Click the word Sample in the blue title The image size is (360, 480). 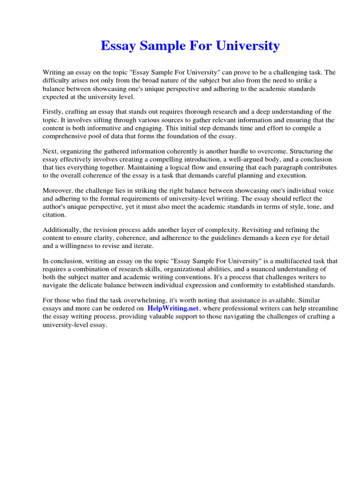point(165,46)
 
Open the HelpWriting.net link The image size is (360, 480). point(173,308)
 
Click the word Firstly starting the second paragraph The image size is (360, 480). point(53,112)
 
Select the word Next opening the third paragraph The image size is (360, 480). point(50,151)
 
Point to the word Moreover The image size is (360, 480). point(57,191)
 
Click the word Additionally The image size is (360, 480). point(61,230)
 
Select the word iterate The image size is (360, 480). point(142,246)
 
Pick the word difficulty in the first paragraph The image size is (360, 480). point(57,80)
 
